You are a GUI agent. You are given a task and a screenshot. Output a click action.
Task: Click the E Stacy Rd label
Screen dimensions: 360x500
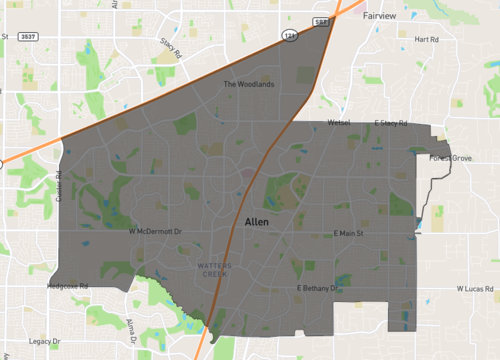[x=392, y=123]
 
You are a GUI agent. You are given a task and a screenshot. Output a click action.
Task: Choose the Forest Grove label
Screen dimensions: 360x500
[x=449, y=158]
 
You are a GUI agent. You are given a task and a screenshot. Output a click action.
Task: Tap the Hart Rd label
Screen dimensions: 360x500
[x=426, y=39]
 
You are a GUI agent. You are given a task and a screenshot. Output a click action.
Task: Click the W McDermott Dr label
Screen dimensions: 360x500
[x=159, y=231]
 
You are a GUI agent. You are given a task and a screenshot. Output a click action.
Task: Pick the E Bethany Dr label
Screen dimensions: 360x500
[x=320, y=288]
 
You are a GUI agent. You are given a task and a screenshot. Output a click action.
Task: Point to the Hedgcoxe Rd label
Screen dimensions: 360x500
[x=68, y=286]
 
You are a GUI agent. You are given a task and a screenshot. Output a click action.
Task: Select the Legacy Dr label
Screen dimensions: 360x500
[x=44, y=341]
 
